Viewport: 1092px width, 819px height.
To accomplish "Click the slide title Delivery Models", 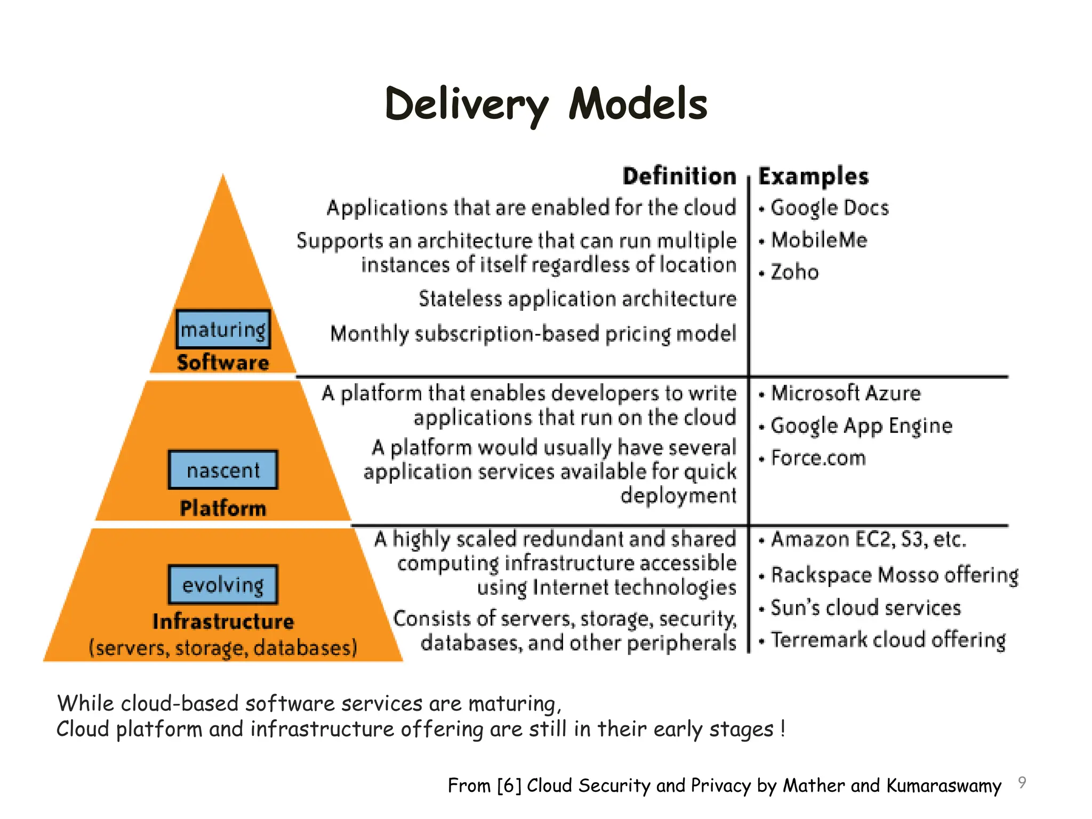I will (x=546, y=105).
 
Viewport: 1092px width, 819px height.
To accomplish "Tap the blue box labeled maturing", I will (x=223, y=330).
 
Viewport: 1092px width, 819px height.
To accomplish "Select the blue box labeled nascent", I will (x=223, y=470).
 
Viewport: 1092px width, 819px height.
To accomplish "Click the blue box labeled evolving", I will (x=223, y=584).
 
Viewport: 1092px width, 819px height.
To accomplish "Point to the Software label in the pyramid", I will (x=223, y=363).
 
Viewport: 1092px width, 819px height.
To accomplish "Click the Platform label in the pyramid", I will (x=223, y=508).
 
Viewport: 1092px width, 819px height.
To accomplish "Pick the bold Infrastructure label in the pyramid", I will (x=223, y=622).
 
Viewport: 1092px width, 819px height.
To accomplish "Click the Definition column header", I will (x=679, y=176).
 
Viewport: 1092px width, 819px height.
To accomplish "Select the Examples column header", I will (x=813, y=176).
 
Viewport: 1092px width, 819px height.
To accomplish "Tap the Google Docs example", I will (x=830, y=208).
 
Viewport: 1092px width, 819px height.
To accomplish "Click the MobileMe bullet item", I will (x=819, y=240).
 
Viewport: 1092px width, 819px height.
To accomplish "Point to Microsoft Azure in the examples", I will (x=846, y=394).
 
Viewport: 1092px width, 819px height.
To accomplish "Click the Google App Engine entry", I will (x=861, y=426).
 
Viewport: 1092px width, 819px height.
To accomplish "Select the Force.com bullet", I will (x=818, y=459).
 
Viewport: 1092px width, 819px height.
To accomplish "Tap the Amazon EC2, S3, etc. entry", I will (x=868, y=540).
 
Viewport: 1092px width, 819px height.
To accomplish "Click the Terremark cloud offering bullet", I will (x=888, y=640).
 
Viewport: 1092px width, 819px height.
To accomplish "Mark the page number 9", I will (x=1022, y=782).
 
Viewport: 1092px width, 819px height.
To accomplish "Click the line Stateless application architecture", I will (x=577, y=299).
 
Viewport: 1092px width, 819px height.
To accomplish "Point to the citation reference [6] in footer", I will (x=509, y=786).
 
